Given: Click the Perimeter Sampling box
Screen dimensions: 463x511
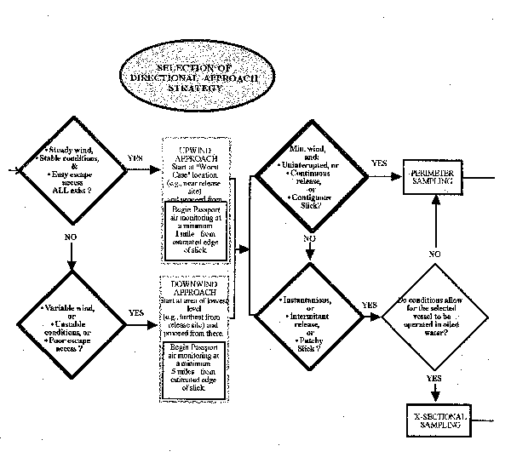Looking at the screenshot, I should click(x=435, y=178).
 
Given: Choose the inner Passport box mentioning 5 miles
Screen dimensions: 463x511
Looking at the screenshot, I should click(x=198, y=369).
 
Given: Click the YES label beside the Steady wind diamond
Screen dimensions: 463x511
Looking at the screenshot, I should click(x=135, y=158).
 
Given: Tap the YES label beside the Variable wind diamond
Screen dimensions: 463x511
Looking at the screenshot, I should click(x=135, y=312).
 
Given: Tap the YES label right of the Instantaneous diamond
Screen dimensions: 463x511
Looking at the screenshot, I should click(x=369, y=304).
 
